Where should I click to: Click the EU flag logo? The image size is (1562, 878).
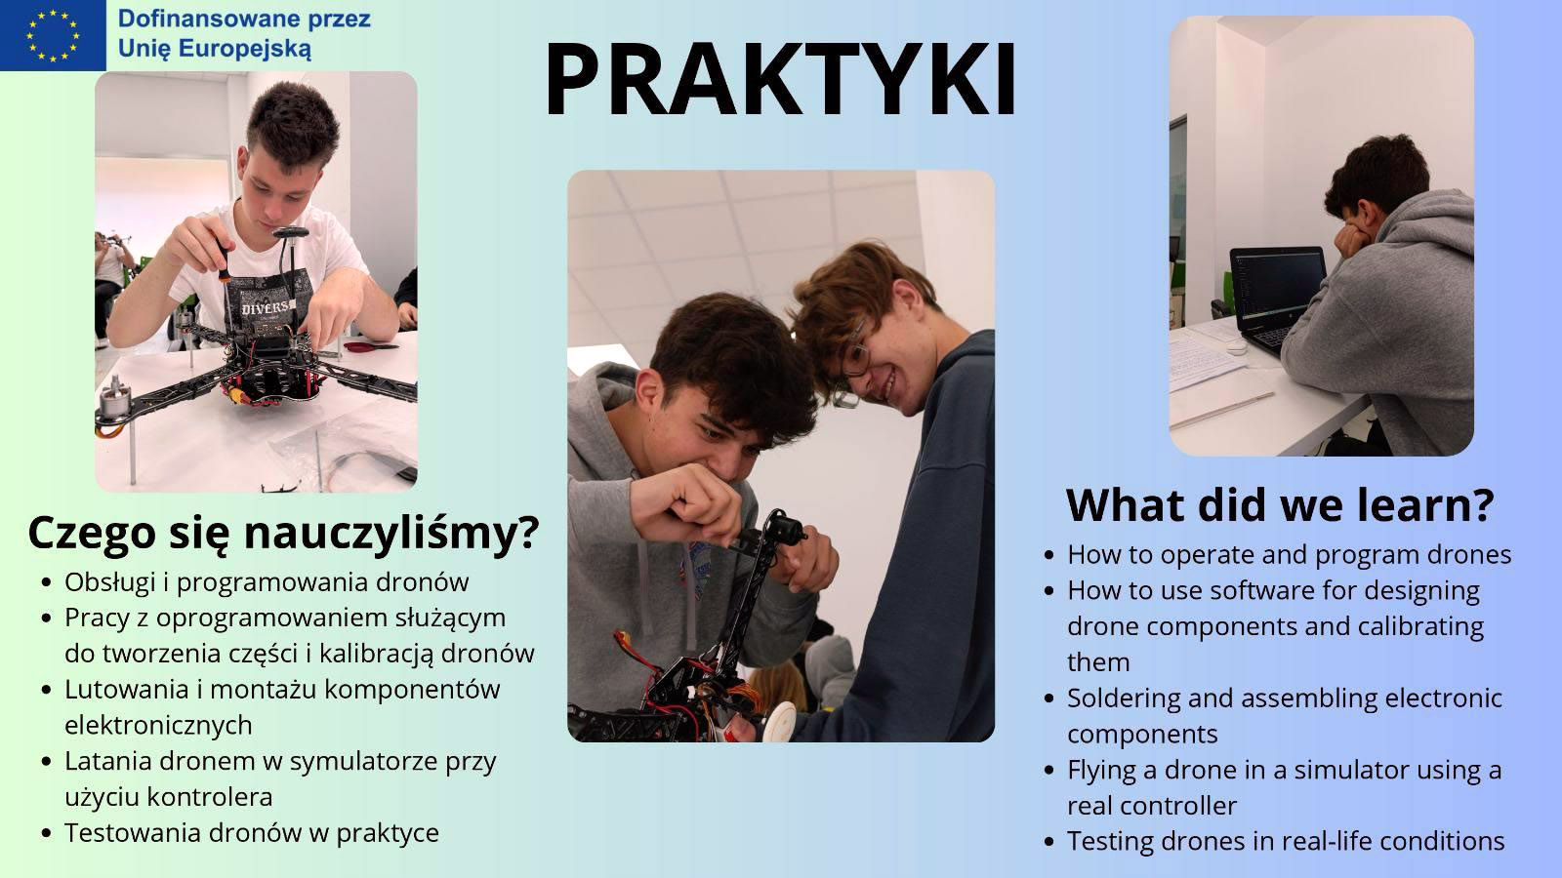pos(53,35)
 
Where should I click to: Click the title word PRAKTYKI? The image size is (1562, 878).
pos(780,79)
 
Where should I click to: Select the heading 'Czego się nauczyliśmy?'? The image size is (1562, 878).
pos(284,533)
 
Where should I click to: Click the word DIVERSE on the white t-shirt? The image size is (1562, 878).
pos(268,307)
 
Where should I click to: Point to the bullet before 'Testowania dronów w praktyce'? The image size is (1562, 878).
pos(47,833)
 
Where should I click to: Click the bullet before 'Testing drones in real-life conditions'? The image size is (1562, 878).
pos(1049,842)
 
